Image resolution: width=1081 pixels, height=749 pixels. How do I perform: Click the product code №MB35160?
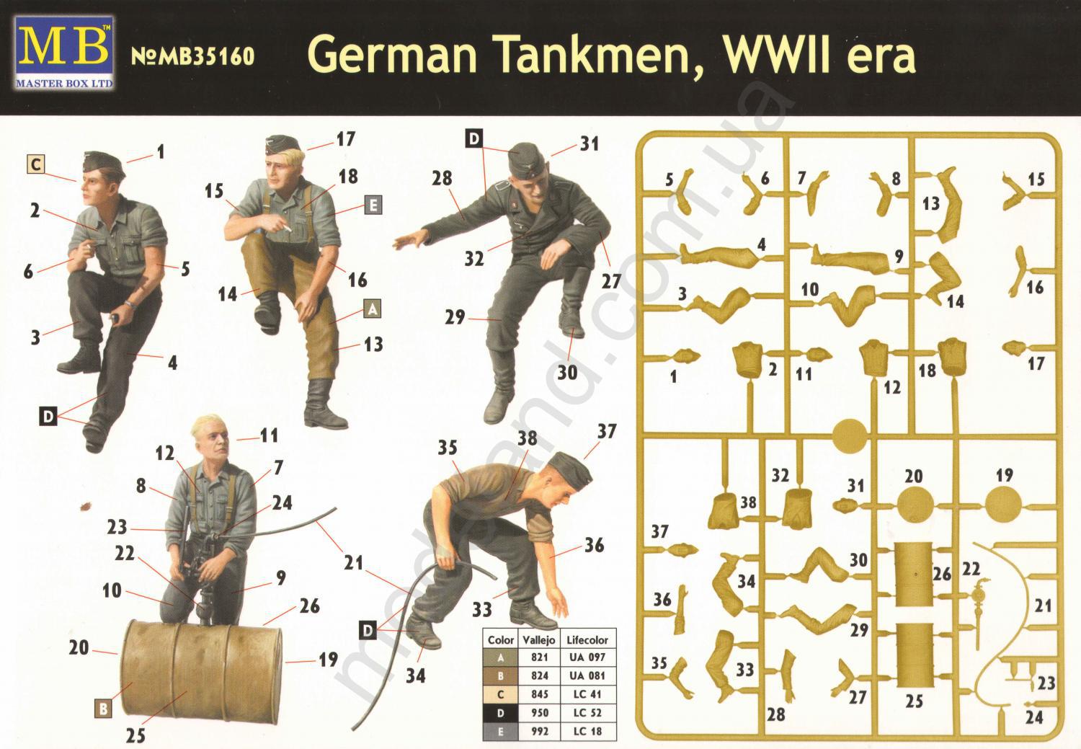click(192, 57)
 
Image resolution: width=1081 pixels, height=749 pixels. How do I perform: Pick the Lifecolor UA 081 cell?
click(587, 675)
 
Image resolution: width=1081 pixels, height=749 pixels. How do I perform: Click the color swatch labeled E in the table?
click(500, 731)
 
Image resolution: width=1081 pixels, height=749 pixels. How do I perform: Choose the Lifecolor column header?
click(587, 640)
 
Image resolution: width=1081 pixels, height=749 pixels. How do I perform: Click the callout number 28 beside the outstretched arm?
click(442, 179)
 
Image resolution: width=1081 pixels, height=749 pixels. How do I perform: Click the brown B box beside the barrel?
click(103, 709)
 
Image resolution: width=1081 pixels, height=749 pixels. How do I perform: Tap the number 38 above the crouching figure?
click(527, 438)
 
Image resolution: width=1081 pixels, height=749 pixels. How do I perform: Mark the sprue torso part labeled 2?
click(748, 360)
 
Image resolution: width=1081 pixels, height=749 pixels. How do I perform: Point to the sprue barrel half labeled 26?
click(914, 574)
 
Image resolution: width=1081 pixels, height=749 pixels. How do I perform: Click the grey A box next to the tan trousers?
click(372, 309)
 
